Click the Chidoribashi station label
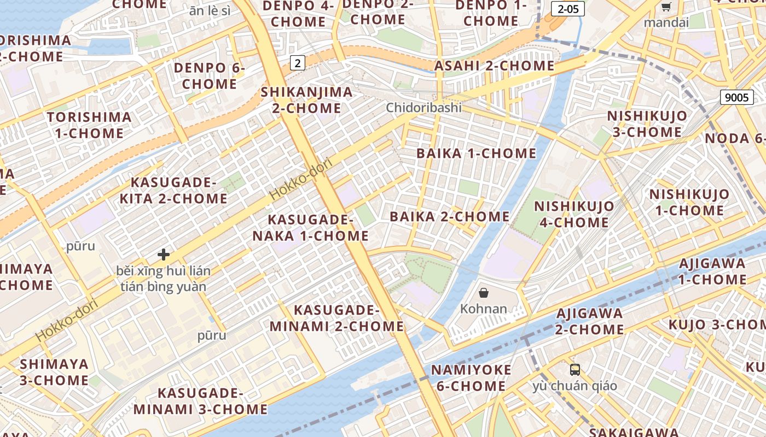point(423,108)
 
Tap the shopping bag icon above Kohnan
point(484,293)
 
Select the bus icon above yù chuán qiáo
point(574,370)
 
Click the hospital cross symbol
point(163,255)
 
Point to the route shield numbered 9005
point(736,97)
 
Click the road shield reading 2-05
point(567,9)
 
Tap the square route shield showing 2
point(297,63)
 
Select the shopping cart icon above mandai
point(666,7)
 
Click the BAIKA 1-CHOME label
point(476,153)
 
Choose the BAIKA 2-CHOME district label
point(449,216)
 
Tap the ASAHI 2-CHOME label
point(494,66)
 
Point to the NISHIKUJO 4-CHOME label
point(574,214)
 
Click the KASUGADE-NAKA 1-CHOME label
point(310,228)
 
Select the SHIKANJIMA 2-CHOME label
point(306,100)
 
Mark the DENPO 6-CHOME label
point(210,76)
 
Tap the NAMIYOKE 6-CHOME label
point(471,377)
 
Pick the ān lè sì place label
point(210,10)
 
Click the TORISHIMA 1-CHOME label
point(89,125)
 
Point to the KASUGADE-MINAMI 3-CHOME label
point(200,401)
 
